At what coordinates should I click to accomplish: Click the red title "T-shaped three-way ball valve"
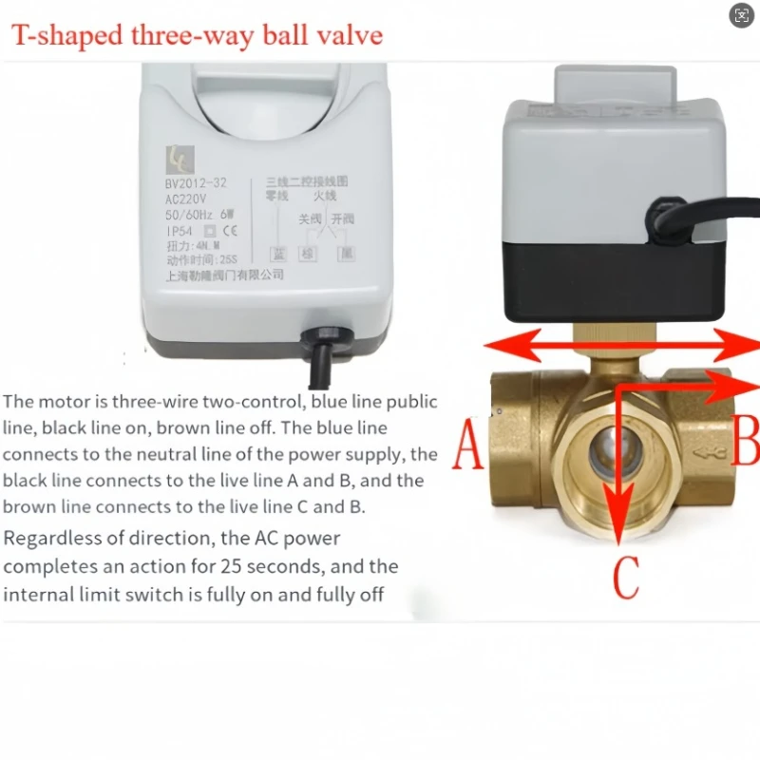point(197,35)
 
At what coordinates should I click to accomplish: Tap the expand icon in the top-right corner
point(740,15)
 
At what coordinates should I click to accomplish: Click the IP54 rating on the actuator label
point(180,229)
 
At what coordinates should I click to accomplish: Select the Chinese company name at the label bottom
point(225,274)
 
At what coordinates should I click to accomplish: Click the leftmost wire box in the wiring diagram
point(278,254)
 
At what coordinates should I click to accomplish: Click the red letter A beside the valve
point(467,446)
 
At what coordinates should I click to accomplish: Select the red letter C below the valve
point(625,576)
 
